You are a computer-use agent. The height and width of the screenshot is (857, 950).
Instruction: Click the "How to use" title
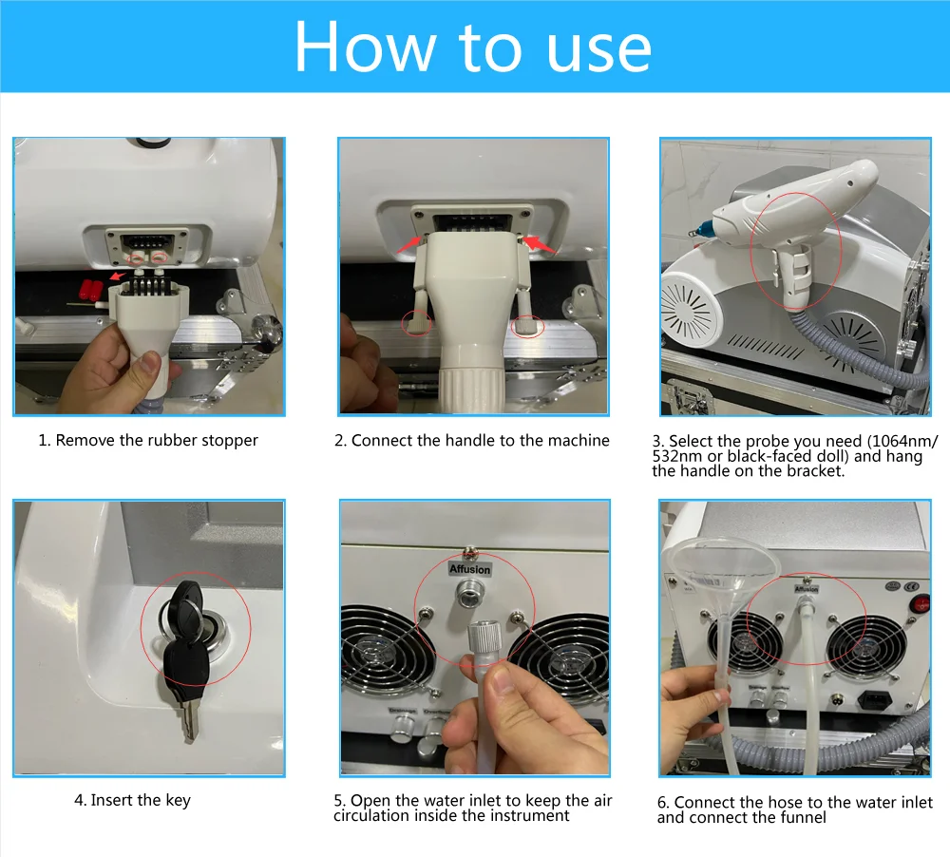(472, 47)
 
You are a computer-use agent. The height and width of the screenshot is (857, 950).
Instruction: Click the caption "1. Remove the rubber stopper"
(148, 440)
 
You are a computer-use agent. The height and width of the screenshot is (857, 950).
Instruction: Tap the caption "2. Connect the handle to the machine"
(472, 440)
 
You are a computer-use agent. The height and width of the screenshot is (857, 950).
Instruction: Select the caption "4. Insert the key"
(133, 800)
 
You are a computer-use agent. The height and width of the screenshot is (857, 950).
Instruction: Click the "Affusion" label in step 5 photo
(469, 569)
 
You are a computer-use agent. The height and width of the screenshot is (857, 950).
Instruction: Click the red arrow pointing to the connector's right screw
(540, 244)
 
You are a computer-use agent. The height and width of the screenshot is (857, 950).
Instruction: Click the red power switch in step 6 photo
(921, 603)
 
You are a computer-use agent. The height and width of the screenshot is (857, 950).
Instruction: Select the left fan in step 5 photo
(386, 651)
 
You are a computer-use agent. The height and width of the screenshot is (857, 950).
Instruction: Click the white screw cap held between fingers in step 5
(483, 643)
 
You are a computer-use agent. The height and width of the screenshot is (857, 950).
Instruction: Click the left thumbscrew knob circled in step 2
(417, 324)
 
